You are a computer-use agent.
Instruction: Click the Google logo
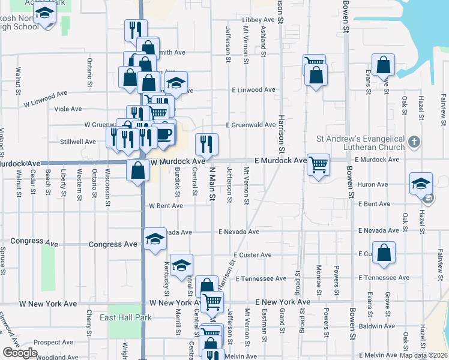(x=20, y=353)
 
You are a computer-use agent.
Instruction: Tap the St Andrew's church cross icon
(x=413, y=142)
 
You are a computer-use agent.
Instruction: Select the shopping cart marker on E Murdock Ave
(x=318, y=164)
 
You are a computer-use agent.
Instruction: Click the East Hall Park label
(x=118, y=317)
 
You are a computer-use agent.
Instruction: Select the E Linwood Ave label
(x=254, y=90)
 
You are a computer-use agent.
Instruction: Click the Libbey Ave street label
(x=258, y=20)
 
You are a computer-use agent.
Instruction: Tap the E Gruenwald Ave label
(x=250, y=125)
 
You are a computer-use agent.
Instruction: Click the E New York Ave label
(x=282, y=302)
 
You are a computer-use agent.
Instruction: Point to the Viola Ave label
(x=68, y=109)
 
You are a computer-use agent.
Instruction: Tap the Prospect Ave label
(x=53, y=343)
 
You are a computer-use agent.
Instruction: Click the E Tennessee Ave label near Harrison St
(x=261, y=278)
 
